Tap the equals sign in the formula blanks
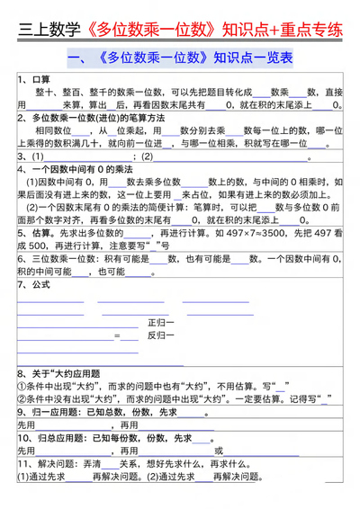[116, 335]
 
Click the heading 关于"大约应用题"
[72, 372]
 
